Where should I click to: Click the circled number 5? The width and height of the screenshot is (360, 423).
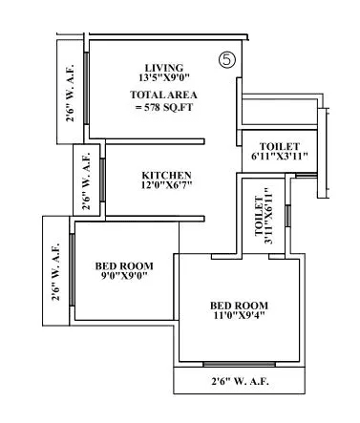226,59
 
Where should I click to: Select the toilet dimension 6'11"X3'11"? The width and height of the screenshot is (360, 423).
279,157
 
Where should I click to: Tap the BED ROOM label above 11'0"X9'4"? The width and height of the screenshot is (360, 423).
239,306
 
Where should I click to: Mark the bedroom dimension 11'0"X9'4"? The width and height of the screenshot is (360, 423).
239,318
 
